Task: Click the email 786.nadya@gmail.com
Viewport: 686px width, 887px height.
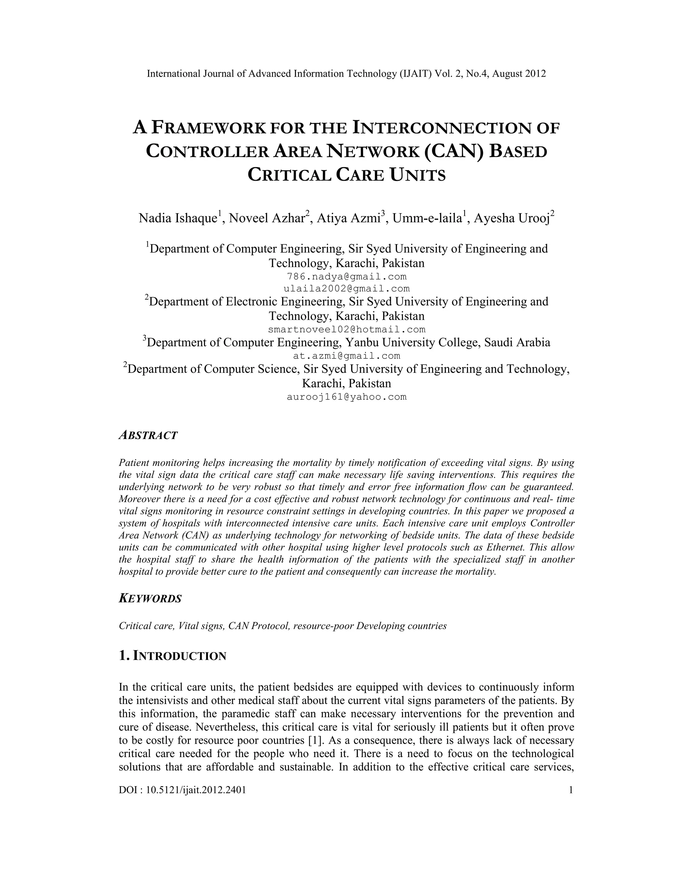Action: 347,276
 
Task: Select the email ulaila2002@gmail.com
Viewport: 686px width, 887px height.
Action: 347,289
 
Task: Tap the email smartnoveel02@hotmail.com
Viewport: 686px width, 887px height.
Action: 347,329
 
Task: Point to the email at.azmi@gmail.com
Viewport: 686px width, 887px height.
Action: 347,356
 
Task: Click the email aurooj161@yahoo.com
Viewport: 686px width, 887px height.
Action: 347,397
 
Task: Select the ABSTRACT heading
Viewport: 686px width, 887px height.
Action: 148,435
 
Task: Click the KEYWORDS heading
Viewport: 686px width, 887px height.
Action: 150,598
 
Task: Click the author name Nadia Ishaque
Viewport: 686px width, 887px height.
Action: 178,218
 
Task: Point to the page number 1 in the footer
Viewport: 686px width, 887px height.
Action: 571,790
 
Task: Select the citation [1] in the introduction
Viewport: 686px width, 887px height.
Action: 315,740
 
